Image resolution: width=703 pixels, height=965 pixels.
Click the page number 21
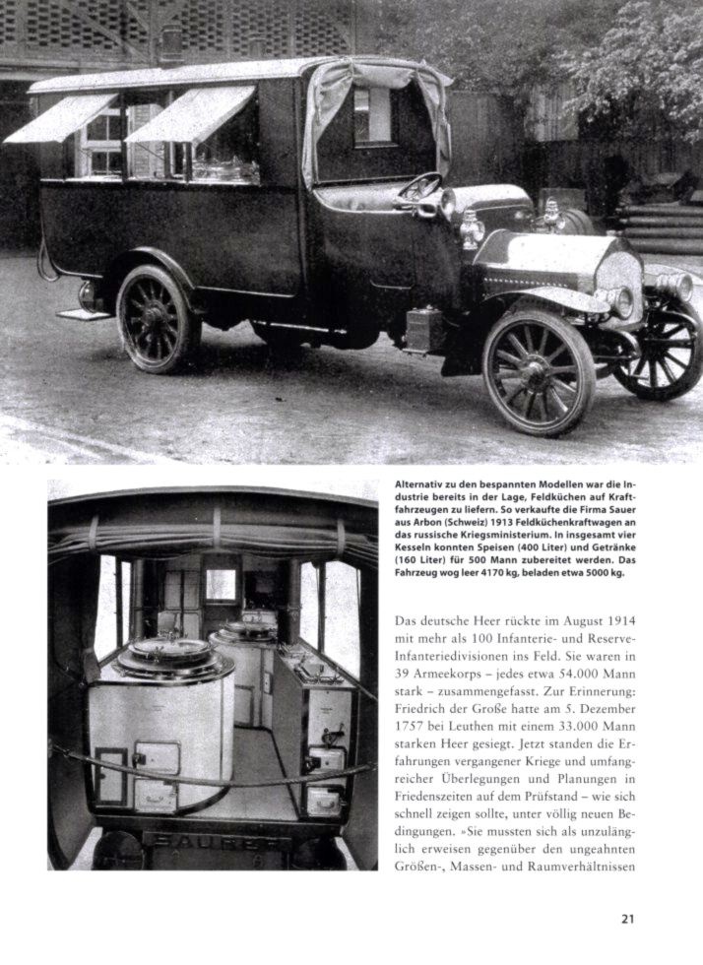pos(627,920)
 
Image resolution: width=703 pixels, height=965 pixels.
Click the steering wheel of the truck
pos(420,186)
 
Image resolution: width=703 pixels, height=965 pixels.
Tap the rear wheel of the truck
pos(155,317)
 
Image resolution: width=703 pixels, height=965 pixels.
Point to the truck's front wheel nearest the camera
pos(539,371)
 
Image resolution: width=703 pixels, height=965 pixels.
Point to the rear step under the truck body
pos(84,315)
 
